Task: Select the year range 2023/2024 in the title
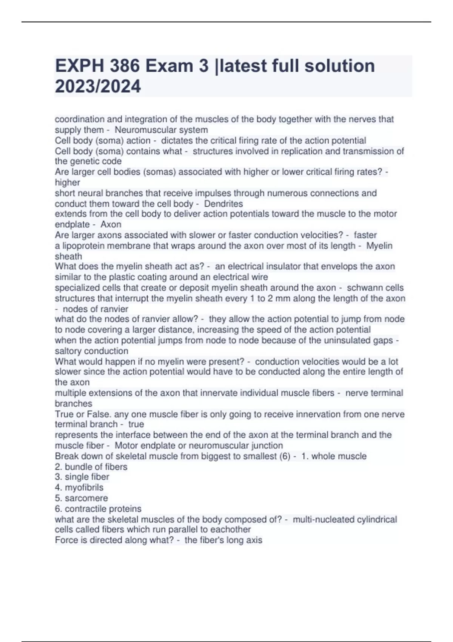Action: click(x=98, y=86)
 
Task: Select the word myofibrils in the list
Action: click(x=84, y=488)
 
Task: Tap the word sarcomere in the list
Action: click(x=86, y=498)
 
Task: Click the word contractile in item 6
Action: click(x=83, y=509)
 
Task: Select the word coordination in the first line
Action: click(x=80, y=119)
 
